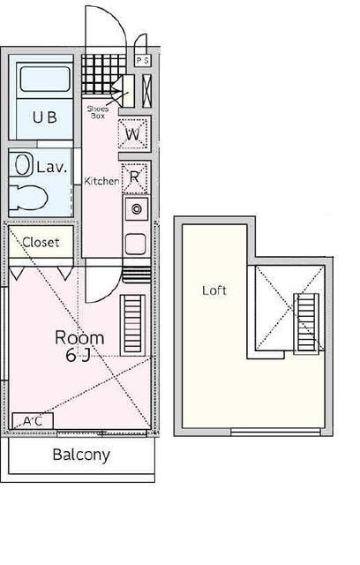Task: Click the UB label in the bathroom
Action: click(45, 117)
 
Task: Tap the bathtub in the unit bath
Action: click(45, 79)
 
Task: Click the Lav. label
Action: click(52, 168)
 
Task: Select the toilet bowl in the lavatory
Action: click(28, 198)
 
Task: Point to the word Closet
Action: click(41, 242)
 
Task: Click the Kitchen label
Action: click(101, 181)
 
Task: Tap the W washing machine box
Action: click(133, 134)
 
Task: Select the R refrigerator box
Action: click(135, 177)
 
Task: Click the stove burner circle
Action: click(137, 208)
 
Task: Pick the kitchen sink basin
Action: click(136, 244)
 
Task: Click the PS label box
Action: click(143, 60)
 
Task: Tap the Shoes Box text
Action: click(98, 112)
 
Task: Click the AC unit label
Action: click(33, 421)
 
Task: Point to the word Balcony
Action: click(81, 455)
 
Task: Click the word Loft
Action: click(214, 290)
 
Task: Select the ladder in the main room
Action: click(132, 326)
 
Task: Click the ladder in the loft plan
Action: click(306, 324)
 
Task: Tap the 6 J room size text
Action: click(78, 355)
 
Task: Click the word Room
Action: click(79, 338)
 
